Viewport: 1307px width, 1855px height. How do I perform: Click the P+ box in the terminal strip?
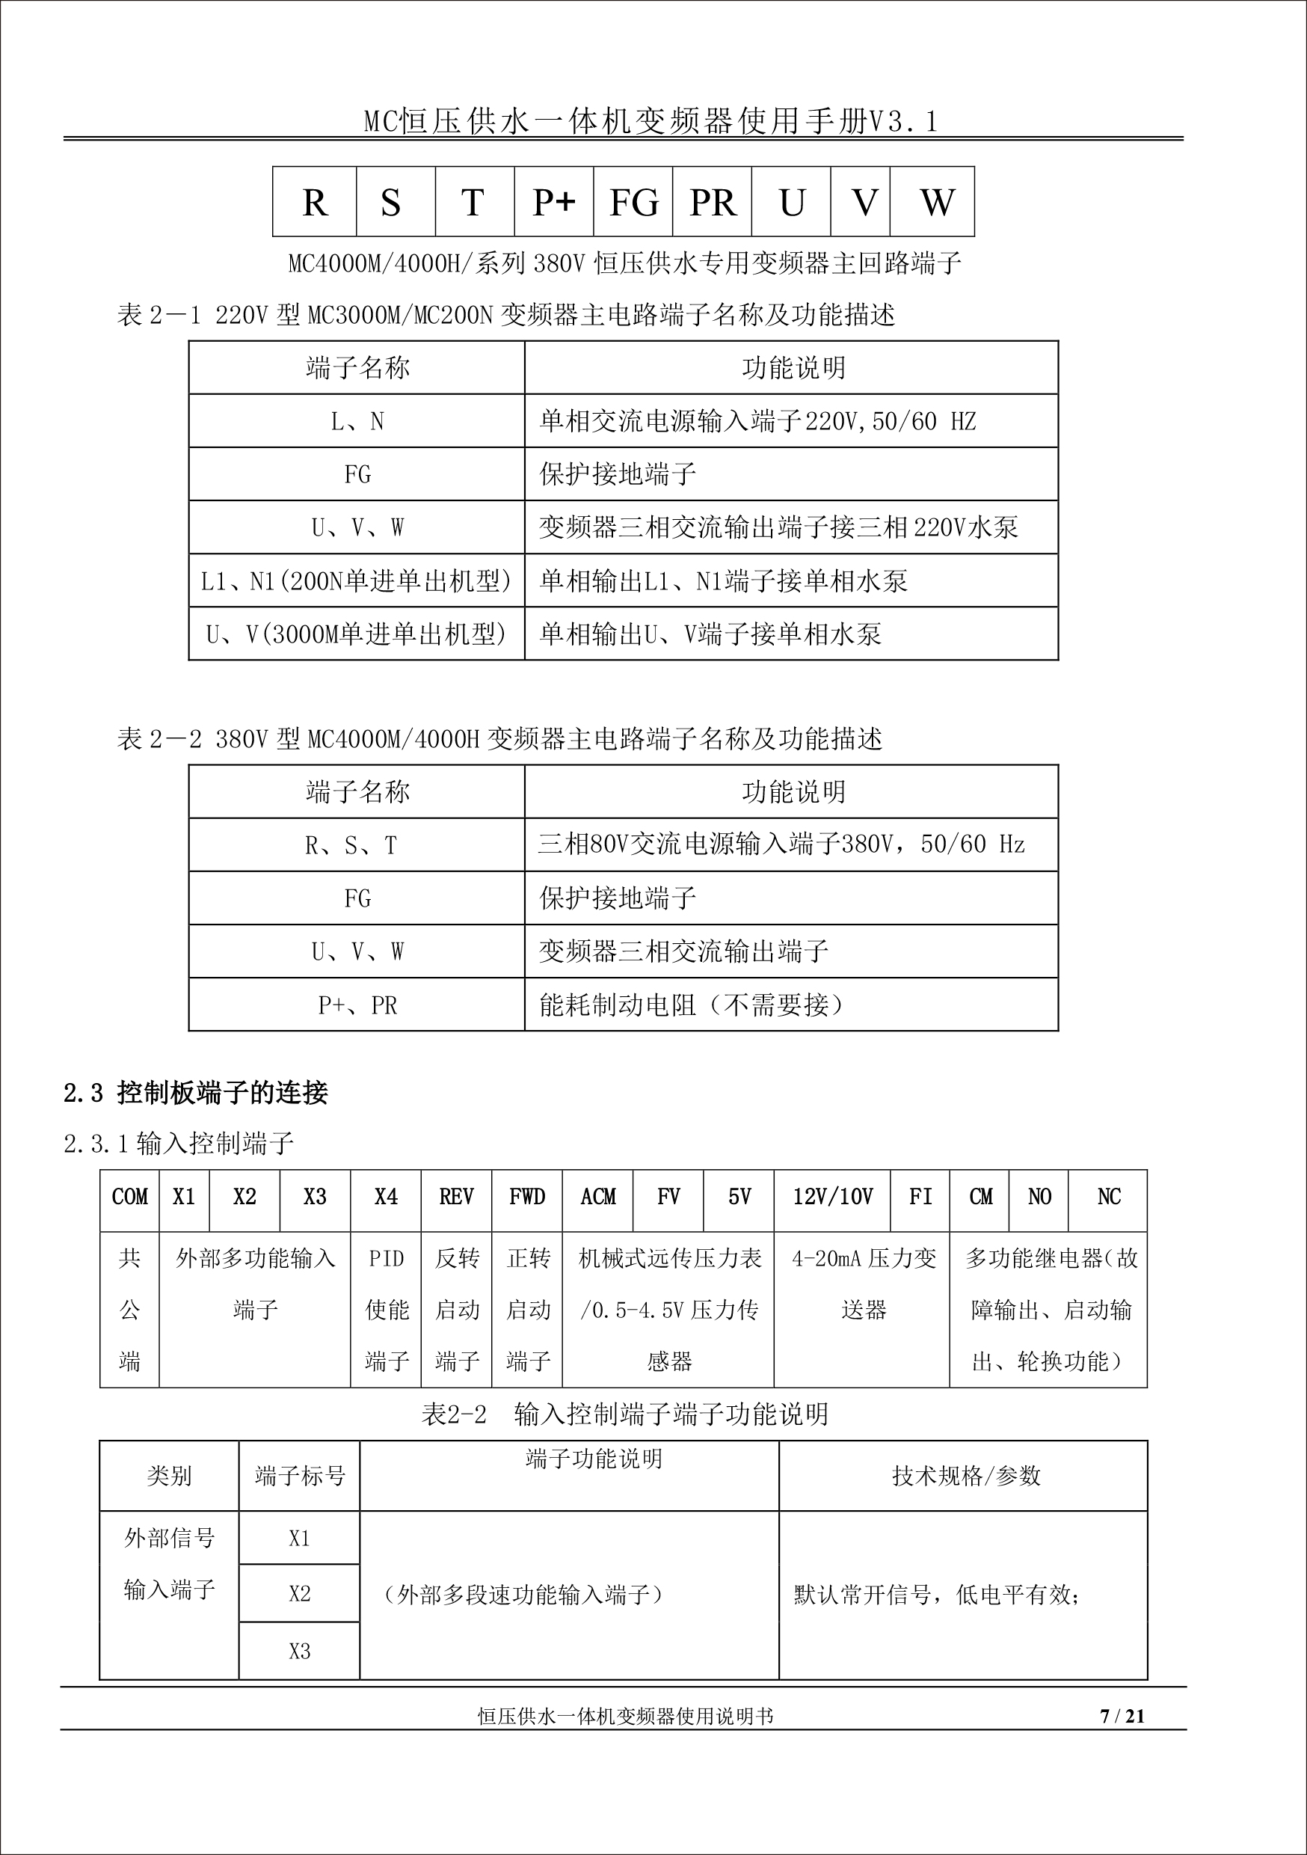(x=554, y=202)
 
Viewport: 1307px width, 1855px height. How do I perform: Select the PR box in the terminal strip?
(x=713, y=202)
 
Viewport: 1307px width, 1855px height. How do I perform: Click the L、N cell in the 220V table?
(x=357, y=421)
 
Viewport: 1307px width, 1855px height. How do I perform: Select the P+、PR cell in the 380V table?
(x=357, y=1005)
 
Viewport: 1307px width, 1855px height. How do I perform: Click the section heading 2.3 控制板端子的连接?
(x=197, y=1093)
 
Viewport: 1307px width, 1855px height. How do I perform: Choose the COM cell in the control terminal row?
(x=130, y=1197)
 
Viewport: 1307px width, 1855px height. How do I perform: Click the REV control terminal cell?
(x=456, y=1197)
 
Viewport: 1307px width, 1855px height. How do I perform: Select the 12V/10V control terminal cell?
(x=832, y=1197)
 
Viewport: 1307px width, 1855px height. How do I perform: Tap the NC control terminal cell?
(x=1108, y=1197)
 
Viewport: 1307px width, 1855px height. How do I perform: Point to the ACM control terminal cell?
(x=597, y=1197)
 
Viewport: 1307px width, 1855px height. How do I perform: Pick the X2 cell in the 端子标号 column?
(x=300, y=1593)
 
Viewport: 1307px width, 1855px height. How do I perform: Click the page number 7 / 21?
(x=1122, y=1717)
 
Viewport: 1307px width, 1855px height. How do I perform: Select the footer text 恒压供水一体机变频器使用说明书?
(x=626, y=1717)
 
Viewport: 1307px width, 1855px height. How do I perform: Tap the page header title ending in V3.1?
(x=651, y=121)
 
